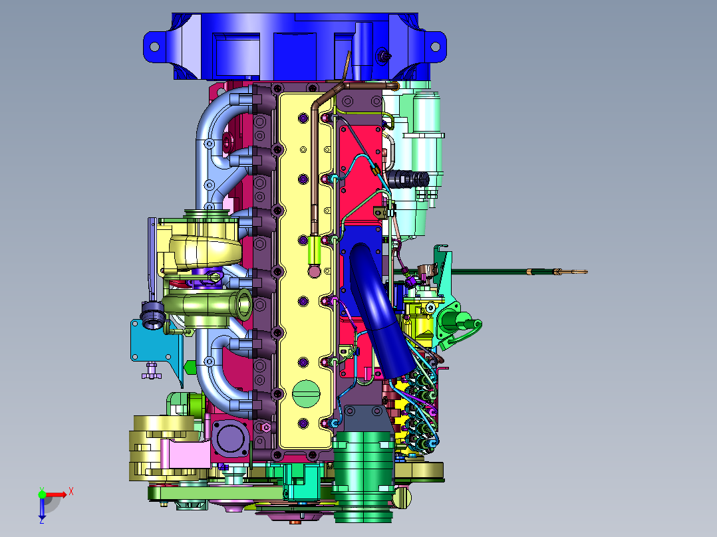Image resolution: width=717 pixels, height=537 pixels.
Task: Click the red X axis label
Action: click(71, 492)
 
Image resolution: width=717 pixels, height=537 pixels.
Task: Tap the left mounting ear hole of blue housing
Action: click(154, 46)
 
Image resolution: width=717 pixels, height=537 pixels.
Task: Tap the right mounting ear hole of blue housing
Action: click(435, 46)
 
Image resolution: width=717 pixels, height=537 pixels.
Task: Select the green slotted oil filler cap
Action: click(306, 393)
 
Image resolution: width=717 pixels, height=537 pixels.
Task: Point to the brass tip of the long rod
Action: click(579, 272)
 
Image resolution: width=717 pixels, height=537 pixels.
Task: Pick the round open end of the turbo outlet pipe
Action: click(243, 304)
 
